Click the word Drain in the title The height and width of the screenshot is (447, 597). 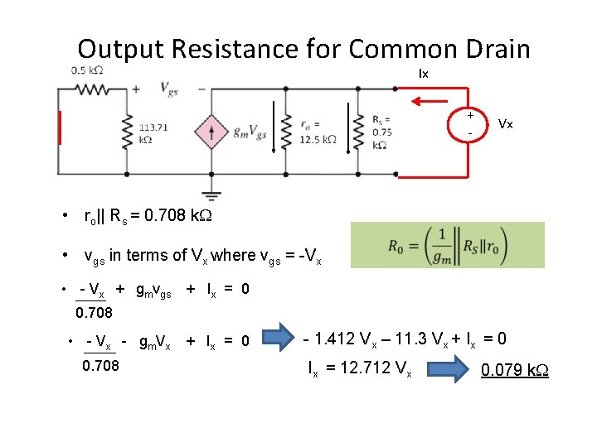[x=488, y=49]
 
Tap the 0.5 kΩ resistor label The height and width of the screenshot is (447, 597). [x=87, y=70]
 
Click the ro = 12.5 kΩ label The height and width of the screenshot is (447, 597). [x=317, y=132]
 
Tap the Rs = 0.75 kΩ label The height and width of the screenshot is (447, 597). [x=382, y=132]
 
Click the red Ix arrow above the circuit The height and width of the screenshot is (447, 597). [x=432, y=102]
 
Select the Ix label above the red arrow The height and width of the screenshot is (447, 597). [x=424, y=74]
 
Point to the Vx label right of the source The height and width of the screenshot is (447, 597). [x=506, y=124]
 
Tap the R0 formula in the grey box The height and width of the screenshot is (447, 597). [x=447, y=245]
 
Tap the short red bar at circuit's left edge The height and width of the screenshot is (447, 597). [x=60, y=128]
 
